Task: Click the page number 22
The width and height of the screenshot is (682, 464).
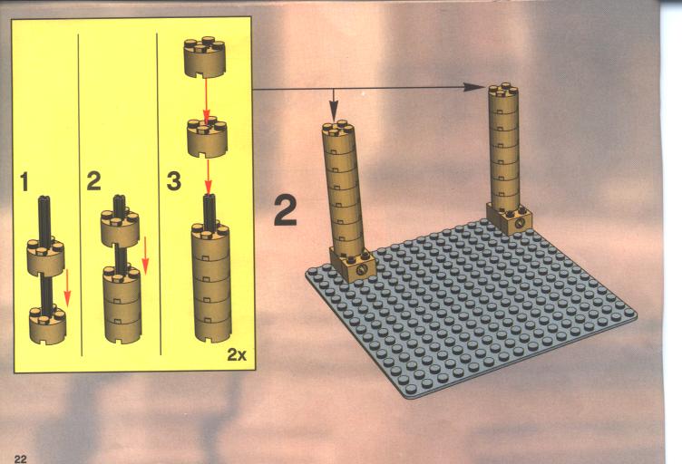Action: pos(21,459)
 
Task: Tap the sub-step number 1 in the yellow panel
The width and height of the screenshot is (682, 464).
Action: pos(24,181)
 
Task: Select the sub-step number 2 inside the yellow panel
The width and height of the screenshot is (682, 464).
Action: pos(93,181)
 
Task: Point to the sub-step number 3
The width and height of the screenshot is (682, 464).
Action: pos(174,181)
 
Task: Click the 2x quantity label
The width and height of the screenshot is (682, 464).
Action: pos(237,354)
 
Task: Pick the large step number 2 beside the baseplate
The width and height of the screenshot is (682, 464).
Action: pos(286,211)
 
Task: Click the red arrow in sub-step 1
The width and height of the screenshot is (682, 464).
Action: pos(67,287)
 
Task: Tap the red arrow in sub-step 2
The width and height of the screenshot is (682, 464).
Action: pos(145,256)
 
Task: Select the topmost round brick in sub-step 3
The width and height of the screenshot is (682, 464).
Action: pos(205,57)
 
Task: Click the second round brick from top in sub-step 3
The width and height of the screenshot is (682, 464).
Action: pos(208,137)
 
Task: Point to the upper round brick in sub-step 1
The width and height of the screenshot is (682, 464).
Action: pos(45,256)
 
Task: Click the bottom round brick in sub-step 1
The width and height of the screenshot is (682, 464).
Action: pos(47,324)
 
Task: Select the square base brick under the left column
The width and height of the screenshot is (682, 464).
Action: pos(352,265)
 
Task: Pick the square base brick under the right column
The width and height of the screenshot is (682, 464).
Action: pos(509,219)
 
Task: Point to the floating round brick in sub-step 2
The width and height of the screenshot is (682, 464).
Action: pos(120,227)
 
